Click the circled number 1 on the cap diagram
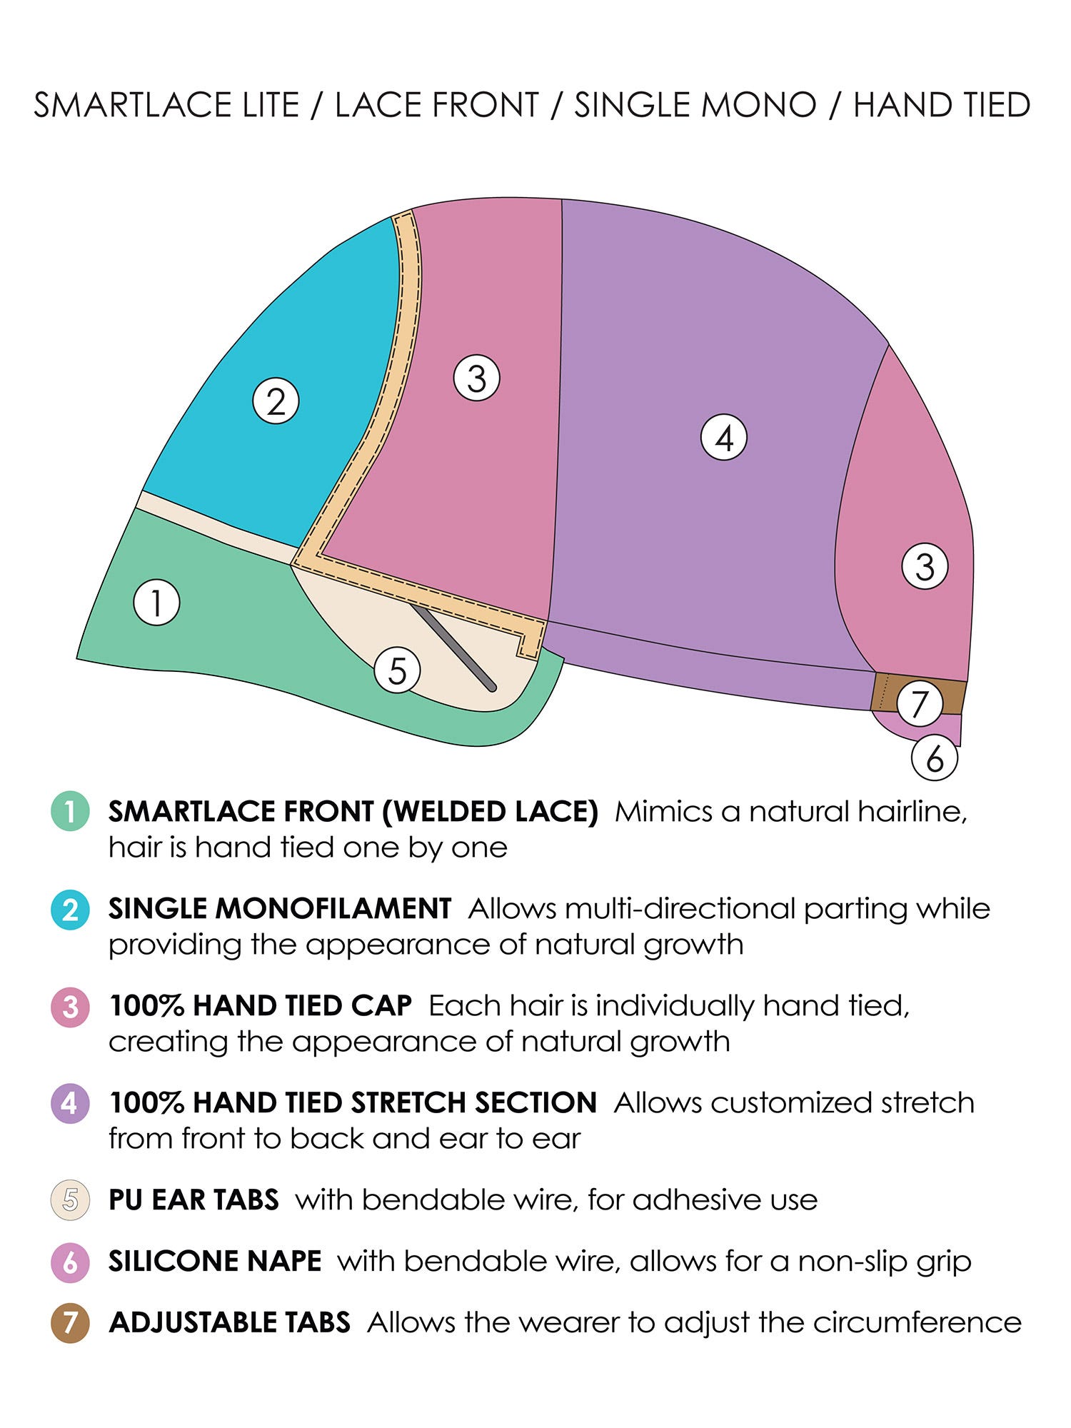pyautogui.click(x=156, y=603)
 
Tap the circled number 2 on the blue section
pyautogui.click(x=276, y=401)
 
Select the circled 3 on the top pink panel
pyautogui.click(x=476, y=378)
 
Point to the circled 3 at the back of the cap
pyautogui.click(x=925, y=566)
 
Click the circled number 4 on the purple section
pyautogui.click(x=723, y=438)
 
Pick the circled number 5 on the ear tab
pyautogui.click(x=397, y=670)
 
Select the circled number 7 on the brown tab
pyautogui.click(x=919, y=703)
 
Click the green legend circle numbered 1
pyautogui.click(x=70, y=811)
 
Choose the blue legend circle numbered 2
pyautogui.click(x=70, y=910)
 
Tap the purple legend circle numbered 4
pyautogui.click(x=70, y=1103)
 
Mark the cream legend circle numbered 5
pyautogui.click(x=70, y=1200)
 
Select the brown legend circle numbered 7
pyautogui.click(x=70, y=1322)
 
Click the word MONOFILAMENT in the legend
pyautogui.click(x=333, y=908)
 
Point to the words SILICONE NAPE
pyautogui.click(x=215, y=1261)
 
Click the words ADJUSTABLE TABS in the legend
pyautogui.click(x=230, y=1322)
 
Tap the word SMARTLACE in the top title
pyautogui.click(x=133, y=105)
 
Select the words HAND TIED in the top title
pyautogui.click(x=942, y=105)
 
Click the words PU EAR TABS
pyautogui.click(x=193, y=1200)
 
